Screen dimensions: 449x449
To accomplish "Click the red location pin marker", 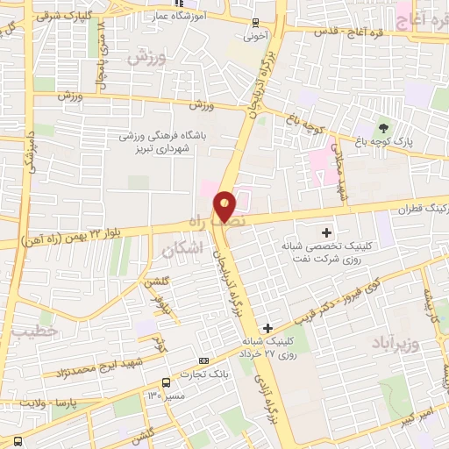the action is pos(224,205).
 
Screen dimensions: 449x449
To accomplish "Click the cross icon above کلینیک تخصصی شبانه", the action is pos(326,232).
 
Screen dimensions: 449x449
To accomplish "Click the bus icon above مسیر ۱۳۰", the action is pos(167,381).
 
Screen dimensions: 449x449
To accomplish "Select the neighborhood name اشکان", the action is pos(182,249).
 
